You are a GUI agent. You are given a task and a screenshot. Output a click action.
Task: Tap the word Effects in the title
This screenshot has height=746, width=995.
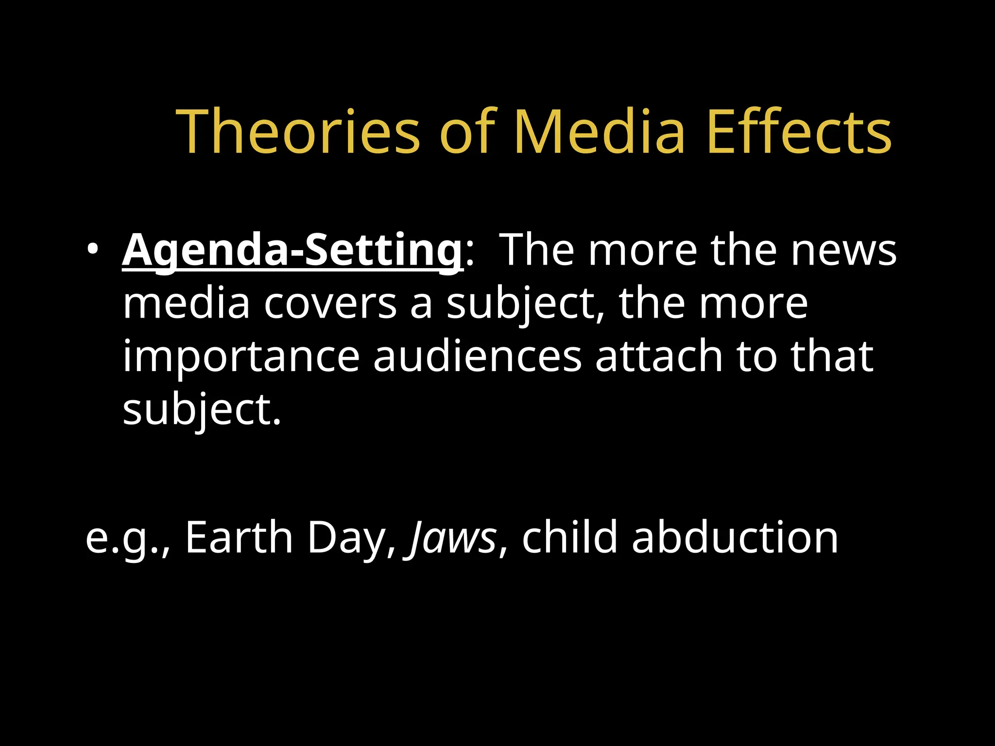(x=799, y=132)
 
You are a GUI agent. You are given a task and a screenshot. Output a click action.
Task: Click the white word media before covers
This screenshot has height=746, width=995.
(x=186, y=304)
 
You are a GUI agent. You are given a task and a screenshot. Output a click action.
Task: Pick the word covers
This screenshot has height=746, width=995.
(x=330, y=304)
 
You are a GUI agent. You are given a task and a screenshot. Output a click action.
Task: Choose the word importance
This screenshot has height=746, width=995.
(x=241, y=357)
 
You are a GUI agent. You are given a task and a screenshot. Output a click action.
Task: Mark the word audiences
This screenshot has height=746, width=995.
(x=477, y=357)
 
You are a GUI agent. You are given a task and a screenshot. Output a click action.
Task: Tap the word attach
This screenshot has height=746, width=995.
(x=659, y=357)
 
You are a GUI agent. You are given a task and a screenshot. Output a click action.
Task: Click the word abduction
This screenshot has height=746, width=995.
(x=735, y=537)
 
